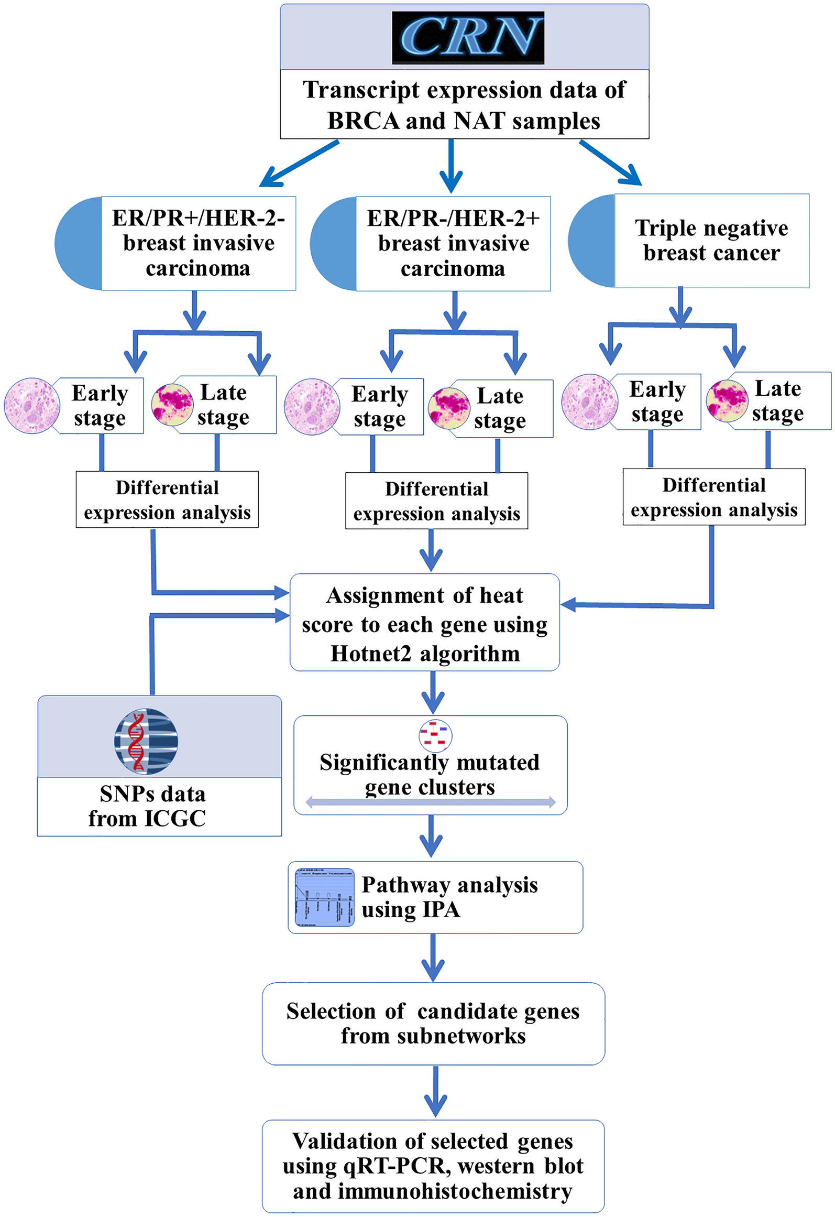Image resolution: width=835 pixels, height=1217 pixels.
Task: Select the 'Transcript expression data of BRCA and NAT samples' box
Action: [x=464, y=105]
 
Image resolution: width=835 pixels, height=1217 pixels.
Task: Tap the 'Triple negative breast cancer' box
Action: [x=711, y=241]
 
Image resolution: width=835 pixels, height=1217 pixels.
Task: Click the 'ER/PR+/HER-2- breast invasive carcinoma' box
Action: [x=198, y=243]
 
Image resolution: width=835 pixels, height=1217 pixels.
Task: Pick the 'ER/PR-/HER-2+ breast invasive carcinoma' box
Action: [x=453, y=244]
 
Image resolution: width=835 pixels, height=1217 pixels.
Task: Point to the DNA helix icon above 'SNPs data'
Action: [x=146, y=741]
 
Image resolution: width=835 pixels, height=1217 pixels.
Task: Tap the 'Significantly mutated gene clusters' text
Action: [x=430, y=774]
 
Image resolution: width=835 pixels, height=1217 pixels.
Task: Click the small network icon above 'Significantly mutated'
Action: [x=435, y=735]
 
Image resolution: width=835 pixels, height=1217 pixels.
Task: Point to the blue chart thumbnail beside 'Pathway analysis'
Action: [x=324, y=897]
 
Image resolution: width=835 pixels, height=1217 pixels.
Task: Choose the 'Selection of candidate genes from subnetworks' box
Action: [x=433, y=1023]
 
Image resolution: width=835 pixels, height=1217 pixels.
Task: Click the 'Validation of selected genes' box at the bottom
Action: [x=433, y=1166]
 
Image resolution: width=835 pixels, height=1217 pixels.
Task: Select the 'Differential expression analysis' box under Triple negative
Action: [x=713, y=497]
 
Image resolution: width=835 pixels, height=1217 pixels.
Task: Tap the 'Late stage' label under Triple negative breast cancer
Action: [x=777, y=401]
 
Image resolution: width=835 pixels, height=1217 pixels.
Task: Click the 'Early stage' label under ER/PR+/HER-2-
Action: [x=100, y=405]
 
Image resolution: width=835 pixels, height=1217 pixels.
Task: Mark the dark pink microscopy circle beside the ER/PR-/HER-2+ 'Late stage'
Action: [x=449, y=408]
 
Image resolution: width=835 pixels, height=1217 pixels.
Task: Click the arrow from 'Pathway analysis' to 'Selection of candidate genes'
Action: [x=433, y=958]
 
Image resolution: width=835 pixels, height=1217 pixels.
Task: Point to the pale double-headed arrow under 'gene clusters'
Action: [x=430, y=802]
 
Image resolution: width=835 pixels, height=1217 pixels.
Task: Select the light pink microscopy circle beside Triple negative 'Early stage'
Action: [x=589, y=402]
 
